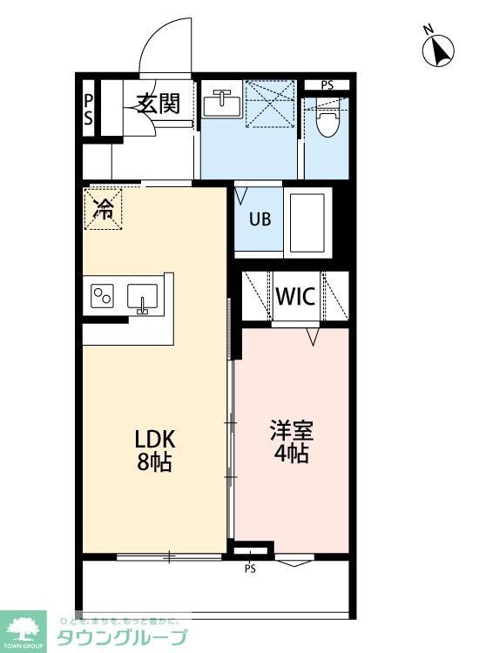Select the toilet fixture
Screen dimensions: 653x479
pyautogui.click(x=327, y=123)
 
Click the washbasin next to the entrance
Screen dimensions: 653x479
pyautogui.click(x=222, y=104)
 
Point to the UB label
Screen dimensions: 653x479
pyautogui.click(x=260, y=219)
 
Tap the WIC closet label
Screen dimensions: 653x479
pyautogui.click(x=295, y=296)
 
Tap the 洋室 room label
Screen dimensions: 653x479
pyautogui.click(x=291, y=430)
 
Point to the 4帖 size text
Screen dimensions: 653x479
pyautogui.click(x=291, y=454)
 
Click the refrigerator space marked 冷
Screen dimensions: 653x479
pyautogui.click(x=104, y=209)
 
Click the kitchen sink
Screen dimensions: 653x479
pyautogui.click(x=142, y=297)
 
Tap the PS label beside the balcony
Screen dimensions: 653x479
pyautogui.click(x=250, y=569)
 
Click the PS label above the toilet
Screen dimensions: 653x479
pyautogui.click(x=327, y=84)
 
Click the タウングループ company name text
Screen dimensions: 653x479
pyautogui.click(x=122, y=636)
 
